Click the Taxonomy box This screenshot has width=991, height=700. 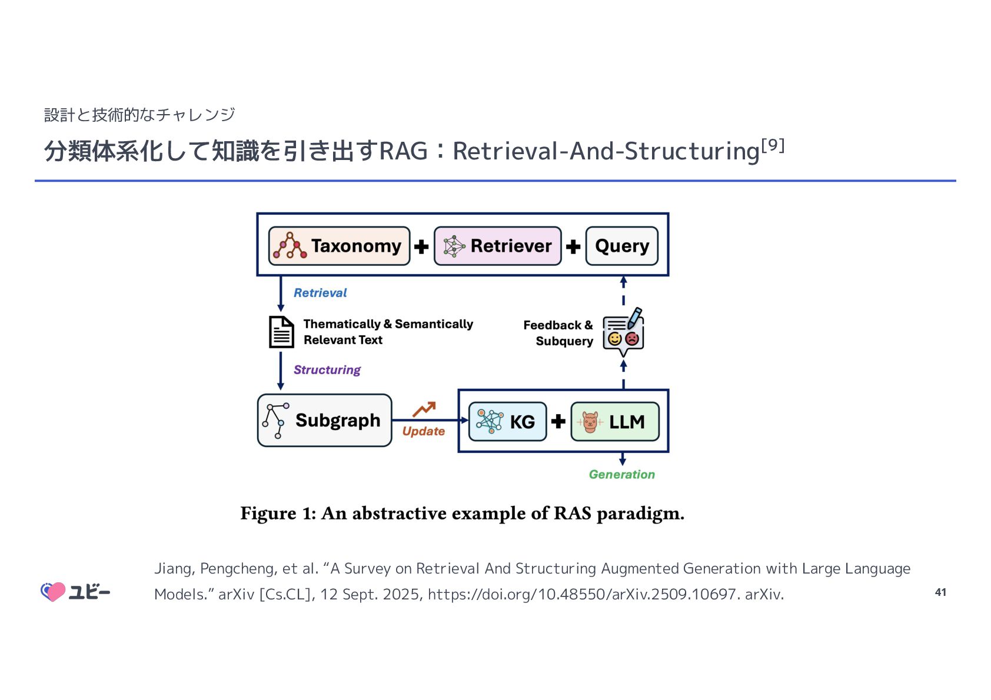pos(339,246)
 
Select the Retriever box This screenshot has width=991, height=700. pos(497,246)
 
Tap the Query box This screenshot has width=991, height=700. pos(621,246)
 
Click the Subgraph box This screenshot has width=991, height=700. pos(324,420)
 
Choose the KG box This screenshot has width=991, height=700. pos(507,421)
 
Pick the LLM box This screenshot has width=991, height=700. pos(614,421)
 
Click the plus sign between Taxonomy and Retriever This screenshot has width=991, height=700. pos(421,246)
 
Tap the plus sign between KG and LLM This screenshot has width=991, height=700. pos(558,421)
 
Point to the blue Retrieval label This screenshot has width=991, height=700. pos(320,293)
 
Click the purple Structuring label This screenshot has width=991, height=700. pos(327,370)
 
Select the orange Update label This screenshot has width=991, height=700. pos(423,431)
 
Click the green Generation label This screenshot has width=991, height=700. pos(621,475)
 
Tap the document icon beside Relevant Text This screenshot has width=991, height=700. pos(281,332)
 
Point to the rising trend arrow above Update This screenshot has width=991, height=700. pos(424,409)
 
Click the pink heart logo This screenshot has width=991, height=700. pos(54,592)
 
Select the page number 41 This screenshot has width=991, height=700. pos(940,592)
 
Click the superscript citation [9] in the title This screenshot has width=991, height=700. pos(773,145)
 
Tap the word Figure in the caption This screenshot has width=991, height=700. pos(268,514)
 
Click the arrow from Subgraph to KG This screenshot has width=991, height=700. pos(430,420)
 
